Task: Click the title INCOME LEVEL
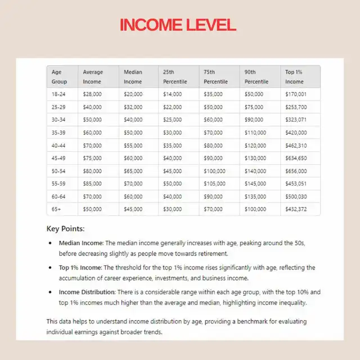(x=178, y=25)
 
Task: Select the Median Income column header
(x=133, y=76)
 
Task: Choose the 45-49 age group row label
(x=58, y=158)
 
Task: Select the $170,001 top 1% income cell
(x=296, y=94)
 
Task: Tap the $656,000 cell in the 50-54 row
(x=296, y=171)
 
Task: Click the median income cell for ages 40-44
(x=133, y=145)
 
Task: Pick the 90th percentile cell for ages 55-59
(x=255, y=184)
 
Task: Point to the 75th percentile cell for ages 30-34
(x=213, y=120)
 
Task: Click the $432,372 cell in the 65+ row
(x=296, y=209)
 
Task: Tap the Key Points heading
(x=65, y=229)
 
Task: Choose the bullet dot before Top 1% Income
(x=51, y=267)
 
